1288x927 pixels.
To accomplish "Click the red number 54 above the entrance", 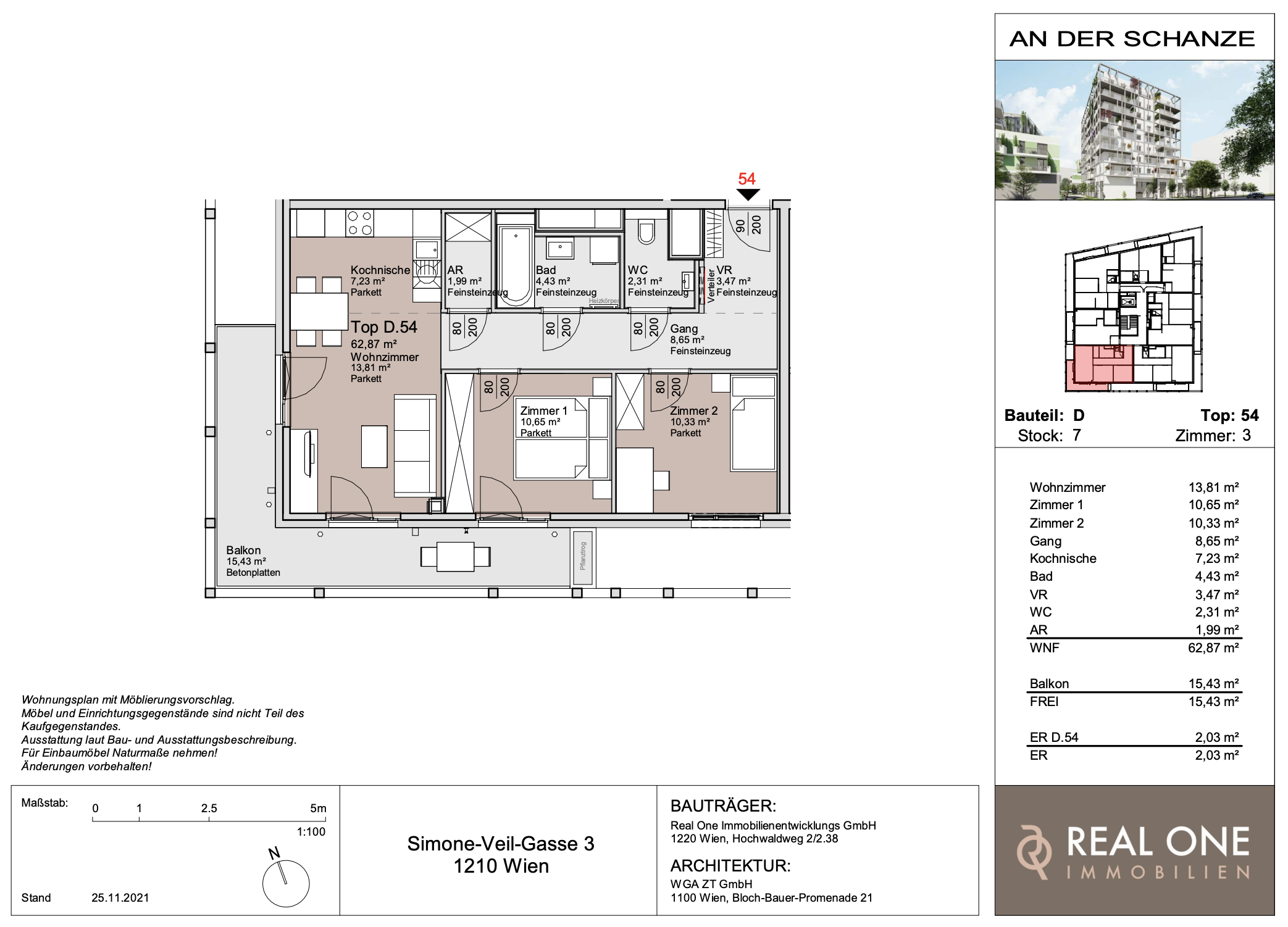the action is (746, 179).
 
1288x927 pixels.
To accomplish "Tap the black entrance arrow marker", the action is (748, 194).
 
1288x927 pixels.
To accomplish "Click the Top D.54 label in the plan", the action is (384, 327).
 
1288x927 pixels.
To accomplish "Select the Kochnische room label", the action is (380, 270).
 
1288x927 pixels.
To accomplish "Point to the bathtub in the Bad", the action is (516, 266).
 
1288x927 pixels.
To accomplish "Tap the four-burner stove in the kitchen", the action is (359, 223).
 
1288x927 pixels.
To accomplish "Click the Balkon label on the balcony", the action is (243, 550).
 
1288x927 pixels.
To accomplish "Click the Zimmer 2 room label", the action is (694, 410).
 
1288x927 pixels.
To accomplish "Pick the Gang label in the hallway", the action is (684, 329).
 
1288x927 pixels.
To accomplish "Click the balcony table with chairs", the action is (456, 557).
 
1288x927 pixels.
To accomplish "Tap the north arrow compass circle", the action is (286, 883).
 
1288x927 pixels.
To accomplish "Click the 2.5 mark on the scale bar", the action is (209, 808).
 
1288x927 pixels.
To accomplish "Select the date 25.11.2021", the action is (120, 897).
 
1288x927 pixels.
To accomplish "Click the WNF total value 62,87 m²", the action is (1213, 647).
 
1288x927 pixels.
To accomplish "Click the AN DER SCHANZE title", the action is (1132, 38).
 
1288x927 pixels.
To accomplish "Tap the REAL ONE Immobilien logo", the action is (1134, 851).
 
